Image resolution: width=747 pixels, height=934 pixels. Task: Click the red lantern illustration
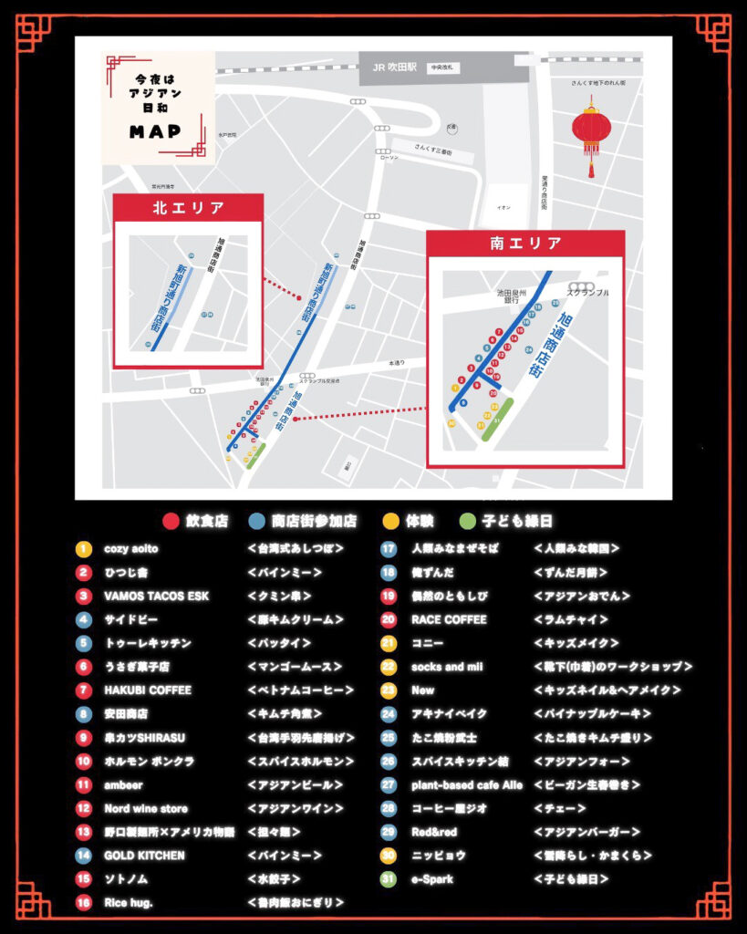(x=591, y=132)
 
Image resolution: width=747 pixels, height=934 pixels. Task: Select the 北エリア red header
(x=188, y=208)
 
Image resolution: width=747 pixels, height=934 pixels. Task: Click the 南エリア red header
(x=525, y=244)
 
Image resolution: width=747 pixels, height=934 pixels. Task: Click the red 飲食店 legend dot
(x=170, y=522)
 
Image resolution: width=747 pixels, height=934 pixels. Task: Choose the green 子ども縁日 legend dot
(x=467, y=522)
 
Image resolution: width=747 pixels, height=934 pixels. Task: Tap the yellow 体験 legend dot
(x=390, y=522)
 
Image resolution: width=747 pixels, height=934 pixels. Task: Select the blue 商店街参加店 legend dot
(x=256, y=522)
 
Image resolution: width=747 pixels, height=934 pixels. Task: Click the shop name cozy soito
(x=131, y=549)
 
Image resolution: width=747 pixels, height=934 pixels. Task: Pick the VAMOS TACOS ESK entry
(x=156, y=597)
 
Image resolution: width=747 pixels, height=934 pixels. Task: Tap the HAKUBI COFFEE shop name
(x=148, y=690)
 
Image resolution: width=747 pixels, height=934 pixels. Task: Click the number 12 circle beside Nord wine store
(x=84, y=808)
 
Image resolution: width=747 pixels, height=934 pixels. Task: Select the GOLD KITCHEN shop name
(x=144, y=856)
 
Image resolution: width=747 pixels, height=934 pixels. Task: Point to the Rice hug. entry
(x=130, y=903)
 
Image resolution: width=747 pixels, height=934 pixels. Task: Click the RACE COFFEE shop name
(x=449, y=620)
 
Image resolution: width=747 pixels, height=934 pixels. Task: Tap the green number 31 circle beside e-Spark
(x=389, y=879)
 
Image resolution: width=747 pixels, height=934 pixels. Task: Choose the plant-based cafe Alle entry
(x=467, y=784)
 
